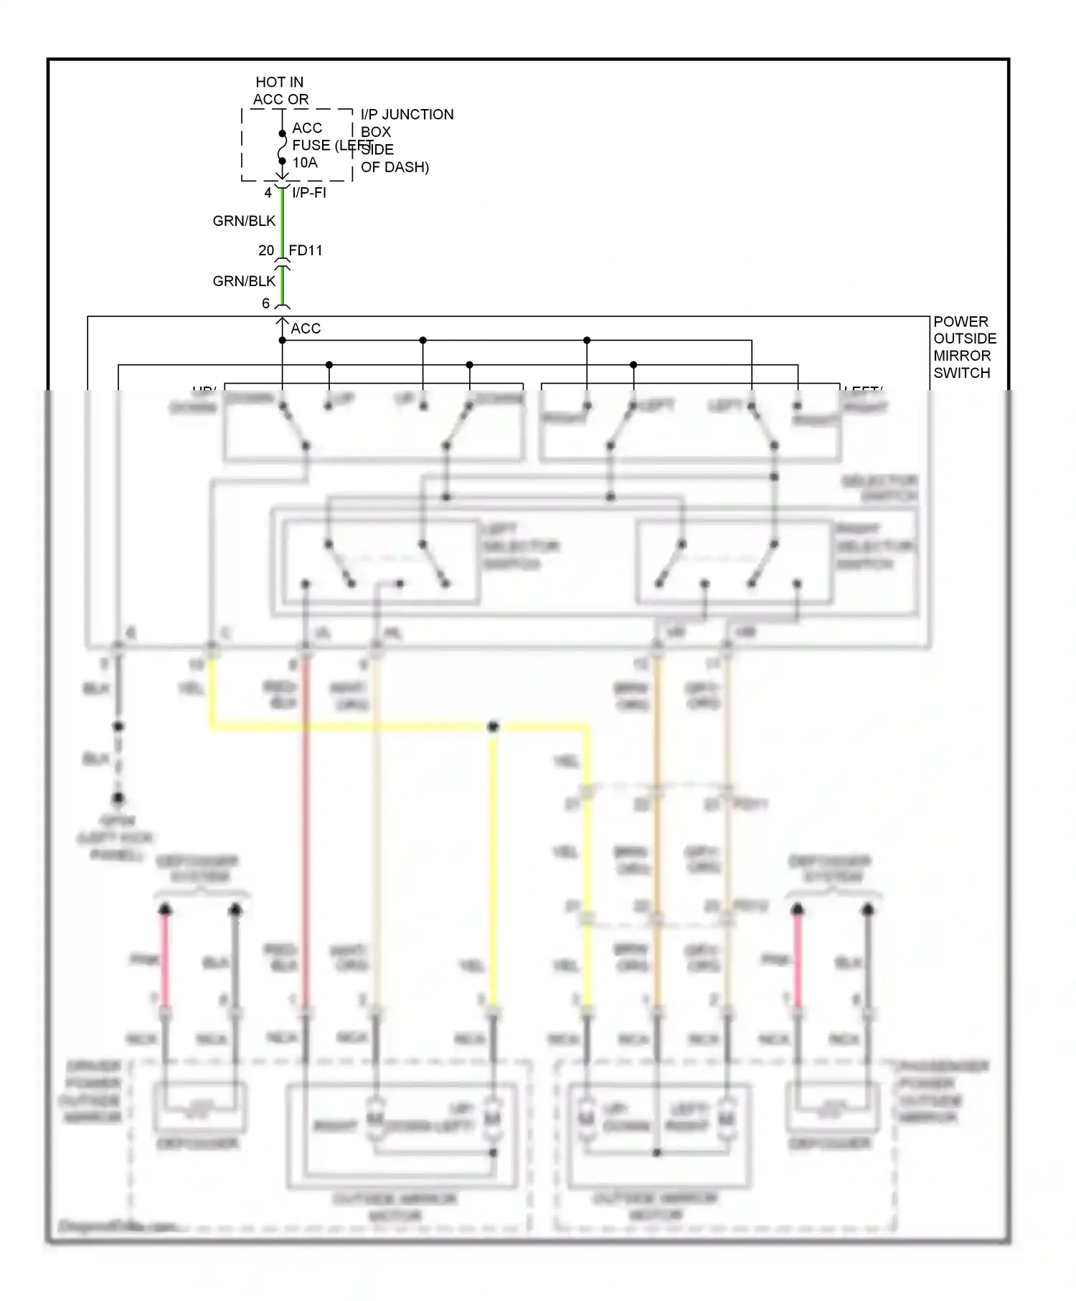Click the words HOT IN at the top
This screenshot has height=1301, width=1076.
pyautogui.click(x=279, y=82)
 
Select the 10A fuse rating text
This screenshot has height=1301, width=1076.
pyautogui.click(x=305, y=163)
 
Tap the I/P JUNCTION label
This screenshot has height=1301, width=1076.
pyautogui.click(x=407, y=115)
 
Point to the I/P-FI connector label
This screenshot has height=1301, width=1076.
pyautogui.click(x=309, y=193)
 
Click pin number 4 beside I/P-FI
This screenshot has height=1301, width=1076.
pyautogui.click(x=268, y=193)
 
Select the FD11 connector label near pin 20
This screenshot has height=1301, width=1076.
pyautogui.click(x=306, y=250)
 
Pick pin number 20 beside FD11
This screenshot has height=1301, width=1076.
pyautogui.click(x=266, y=250)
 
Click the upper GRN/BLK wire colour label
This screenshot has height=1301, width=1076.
pyautogui.click(x=244, y=221)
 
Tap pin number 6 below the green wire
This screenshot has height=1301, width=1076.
pyautogui.click(x=265, y=303)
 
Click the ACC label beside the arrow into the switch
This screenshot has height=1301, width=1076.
pyautogui.click(x=306, y=328)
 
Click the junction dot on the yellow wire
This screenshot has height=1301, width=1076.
pyautogui.click(x=493, y=727)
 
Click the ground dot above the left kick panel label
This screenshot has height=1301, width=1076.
pyautogui.click(x=118, y=798)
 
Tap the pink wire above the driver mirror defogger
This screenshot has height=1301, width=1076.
pyautogui.click(x=165, y=961)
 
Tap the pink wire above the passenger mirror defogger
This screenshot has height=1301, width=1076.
pyautogui.click(x=797, y=961)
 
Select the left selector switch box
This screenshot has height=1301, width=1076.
pyautogui.click(x=380, y=562)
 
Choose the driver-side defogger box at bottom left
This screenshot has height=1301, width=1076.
pyautogui.click(x=200, y=1107)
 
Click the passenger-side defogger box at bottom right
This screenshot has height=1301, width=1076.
pyautogui.click(x=832, y=1107)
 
